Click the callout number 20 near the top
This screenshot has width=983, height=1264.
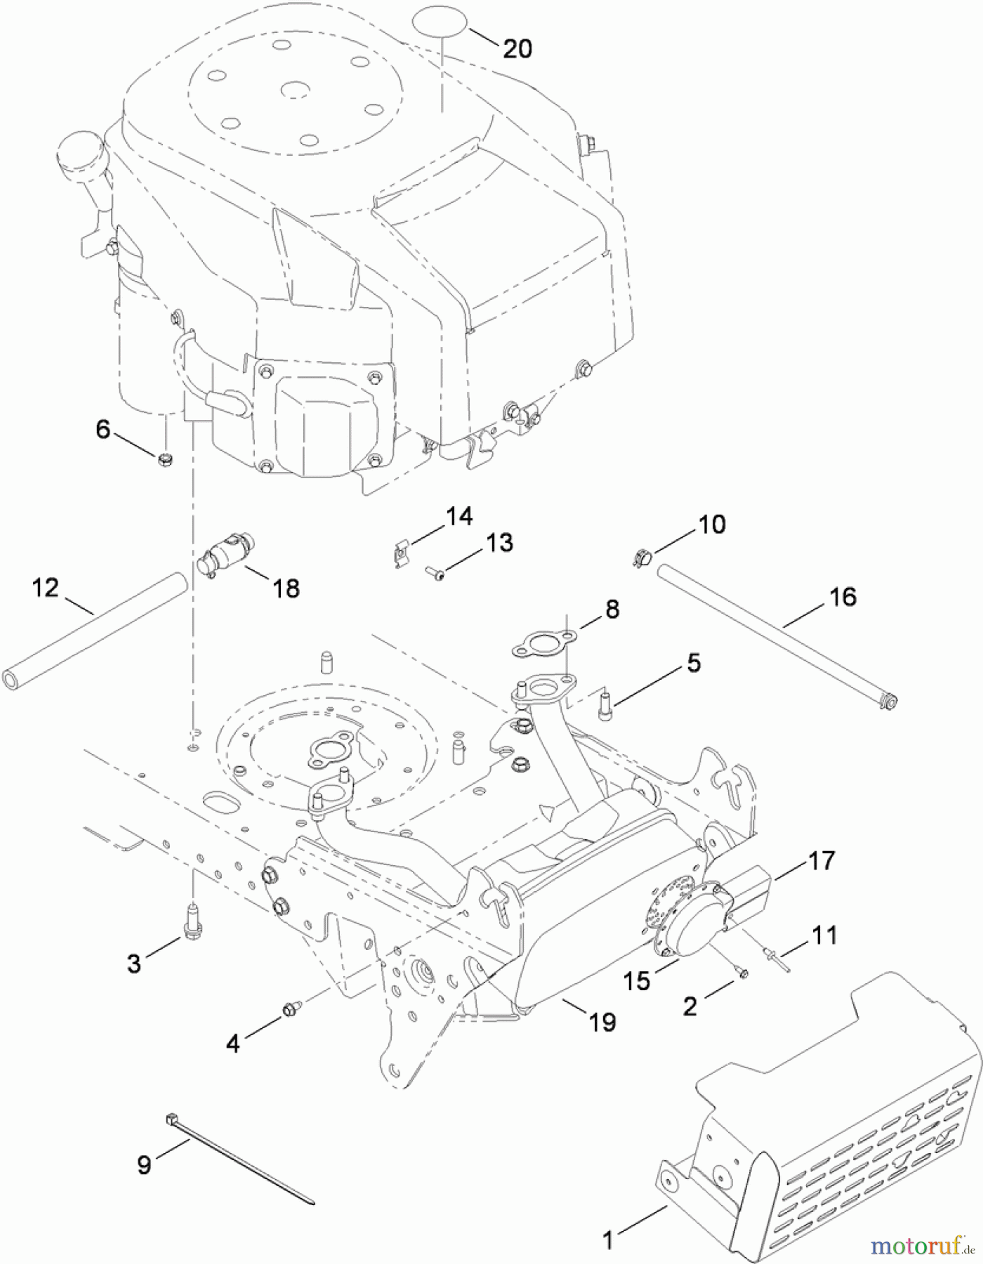[x=517, y=48]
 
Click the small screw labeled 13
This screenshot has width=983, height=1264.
[x=435, y=575]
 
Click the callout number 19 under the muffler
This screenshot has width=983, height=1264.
[x=602, y=1022]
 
